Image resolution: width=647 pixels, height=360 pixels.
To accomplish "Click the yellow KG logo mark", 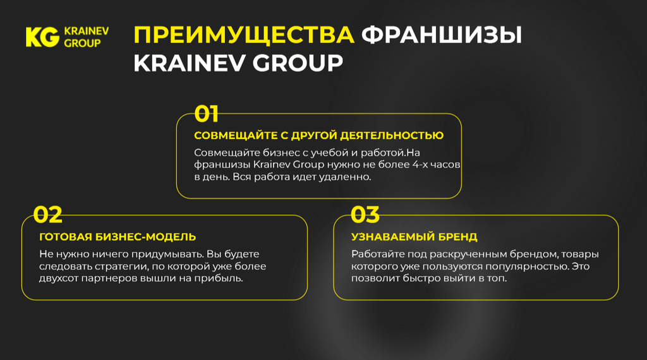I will click(x=42, y=37).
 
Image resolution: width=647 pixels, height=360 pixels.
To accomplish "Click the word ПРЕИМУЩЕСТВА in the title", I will click(x=244, y=35).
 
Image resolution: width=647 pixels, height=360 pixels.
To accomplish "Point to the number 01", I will click(x=206, y=114).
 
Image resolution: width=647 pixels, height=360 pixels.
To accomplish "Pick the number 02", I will click(x=48, y=215).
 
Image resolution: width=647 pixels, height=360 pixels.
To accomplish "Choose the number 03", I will click(x=365, y=215).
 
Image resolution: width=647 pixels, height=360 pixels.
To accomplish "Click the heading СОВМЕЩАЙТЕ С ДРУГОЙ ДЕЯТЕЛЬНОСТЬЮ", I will click(x=318, y=136).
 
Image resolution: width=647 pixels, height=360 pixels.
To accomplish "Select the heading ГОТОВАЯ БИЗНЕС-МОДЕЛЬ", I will click(x=118, y=237).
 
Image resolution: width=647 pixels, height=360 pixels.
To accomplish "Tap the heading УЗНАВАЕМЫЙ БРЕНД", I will click(x=414, y=237).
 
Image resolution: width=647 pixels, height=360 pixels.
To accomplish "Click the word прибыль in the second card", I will click(x=221, y=279).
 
